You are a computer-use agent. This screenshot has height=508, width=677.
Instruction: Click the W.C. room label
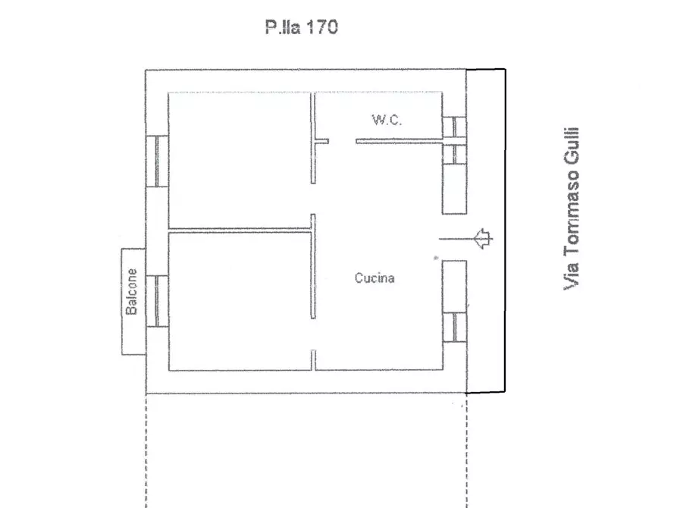pos(387,119)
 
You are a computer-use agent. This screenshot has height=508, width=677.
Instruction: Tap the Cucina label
pos(375,278)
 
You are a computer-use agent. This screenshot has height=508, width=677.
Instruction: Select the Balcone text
pos(131,292)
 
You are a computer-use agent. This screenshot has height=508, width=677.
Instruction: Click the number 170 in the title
pos(322,27)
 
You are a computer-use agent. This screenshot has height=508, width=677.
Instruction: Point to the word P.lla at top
pos(283,27)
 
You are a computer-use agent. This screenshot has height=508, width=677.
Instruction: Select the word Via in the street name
pos(571,275)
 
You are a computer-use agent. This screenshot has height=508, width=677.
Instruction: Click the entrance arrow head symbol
pos(483,238)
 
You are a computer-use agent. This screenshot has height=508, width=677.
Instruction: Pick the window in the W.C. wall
pos(454,127)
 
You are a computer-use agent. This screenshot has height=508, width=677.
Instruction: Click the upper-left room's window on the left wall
pos(157,161)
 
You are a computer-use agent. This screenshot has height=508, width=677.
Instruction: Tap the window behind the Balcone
pos(157,301)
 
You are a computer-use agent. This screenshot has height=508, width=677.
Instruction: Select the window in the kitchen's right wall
pos(454,327)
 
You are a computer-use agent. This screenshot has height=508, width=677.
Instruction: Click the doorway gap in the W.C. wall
pos(343,141)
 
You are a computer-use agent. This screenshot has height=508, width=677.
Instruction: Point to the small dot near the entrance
pos(436,258)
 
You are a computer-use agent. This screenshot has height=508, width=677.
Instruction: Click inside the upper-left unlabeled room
pos(240,160)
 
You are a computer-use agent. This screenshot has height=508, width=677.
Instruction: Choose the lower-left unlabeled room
pos(240,302)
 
